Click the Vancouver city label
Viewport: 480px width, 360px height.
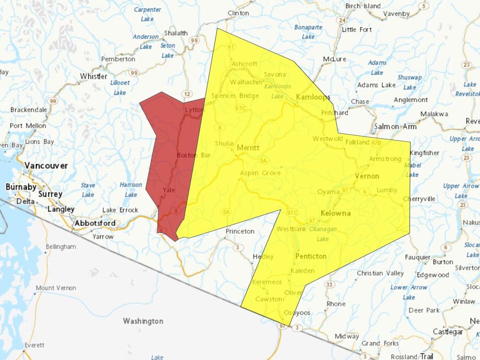point(46,166)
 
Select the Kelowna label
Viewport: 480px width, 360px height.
point(336,213)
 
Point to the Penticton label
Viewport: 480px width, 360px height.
point(311,256)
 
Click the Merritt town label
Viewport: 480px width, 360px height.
point(248,148)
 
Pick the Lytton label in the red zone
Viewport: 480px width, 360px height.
point(194,110)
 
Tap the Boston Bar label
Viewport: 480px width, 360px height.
point(193,155)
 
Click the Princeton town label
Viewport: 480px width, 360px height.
point(240,231)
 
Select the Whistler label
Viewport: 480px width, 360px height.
point(93,76)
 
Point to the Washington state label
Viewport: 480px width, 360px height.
point(143,321)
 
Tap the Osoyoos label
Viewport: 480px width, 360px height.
point(297,313)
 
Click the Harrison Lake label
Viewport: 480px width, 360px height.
point(131,190)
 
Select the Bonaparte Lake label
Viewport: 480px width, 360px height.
point(308,32)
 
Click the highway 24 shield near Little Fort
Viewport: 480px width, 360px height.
point(342,20)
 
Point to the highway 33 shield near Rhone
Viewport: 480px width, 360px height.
point(329,285)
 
